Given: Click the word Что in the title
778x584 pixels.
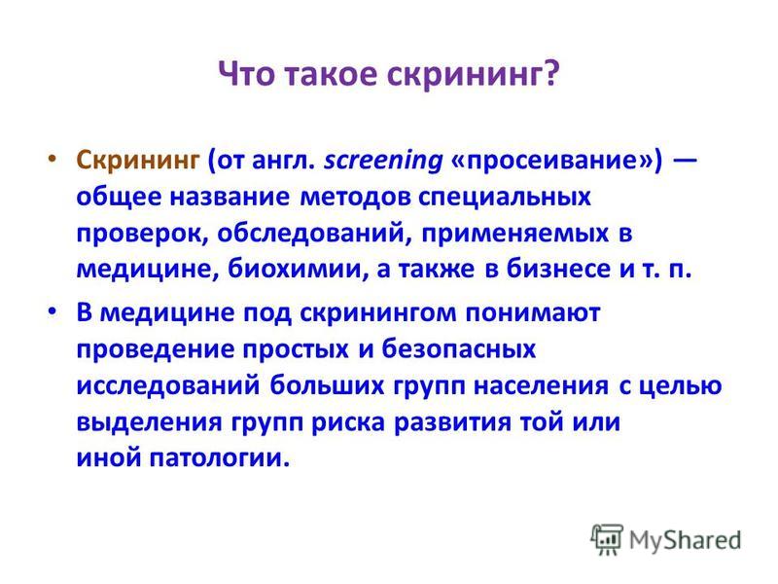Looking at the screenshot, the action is coord(247,75).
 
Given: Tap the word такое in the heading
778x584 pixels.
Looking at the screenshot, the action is coord(331,75).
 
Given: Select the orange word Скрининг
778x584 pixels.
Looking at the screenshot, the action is coord(138,161).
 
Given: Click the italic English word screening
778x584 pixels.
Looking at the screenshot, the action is coord(383,162).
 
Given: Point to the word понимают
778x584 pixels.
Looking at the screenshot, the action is coord(533,313).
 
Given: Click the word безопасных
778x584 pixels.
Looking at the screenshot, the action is coord(458,349).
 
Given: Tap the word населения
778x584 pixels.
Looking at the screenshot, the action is coord(541,386).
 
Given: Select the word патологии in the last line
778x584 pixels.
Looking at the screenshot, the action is coord(220,457).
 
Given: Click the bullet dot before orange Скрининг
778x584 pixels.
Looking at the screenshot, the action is coord(52,159).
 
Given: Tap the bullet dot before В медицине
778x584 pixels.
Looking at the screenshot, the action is coord(52,311).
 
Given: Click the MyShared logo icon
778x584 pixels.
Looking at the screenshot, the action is coord(606,539).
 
